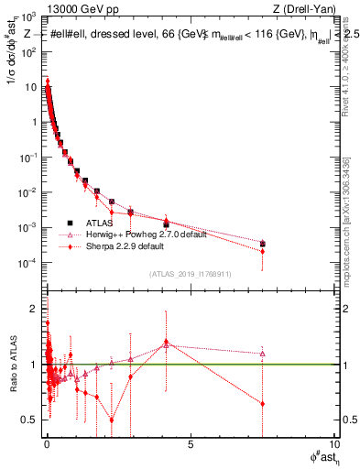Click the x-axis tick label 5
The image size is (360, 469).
(190, 446)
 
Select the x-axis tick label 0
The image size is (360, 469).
(47, 446)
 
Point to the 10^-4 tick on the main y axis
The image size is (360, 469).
(31, 262)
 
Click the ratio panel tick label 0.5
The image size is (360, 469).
(31, 420)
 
